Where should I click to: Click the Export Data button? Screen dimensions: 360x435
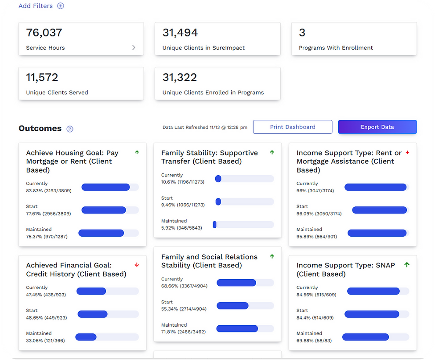tap(377, 127)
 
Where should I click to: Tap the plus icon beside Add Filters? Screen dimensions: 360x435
tap(61, 6)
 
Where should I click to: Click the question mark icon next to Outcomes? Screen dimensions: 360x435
tap(70, 129)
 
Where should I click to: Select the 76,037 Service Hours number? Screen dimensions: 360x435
tap(44, 32)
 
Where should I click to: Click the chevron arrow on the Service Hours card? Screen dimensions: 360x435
tap(134, 47)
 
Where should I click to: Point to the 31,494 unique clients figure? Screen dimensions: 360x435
tap(180, 32)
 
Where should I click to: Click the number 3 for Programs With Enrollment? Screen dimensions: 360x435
tap(302, 32)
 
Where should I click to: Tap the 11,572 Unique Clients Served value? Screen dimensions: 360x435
tap(42, 77)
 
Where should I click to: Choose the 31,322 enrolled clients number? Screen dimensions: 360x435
tap(180, 77)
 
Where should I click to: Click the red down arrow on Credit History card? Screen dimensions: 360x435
tap(137, 265)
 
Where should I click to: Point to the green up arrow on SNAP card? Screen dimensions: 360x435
tap(406, 265)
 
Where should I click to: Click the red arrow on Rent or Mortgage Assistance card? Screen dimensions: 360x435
tap(407, 152)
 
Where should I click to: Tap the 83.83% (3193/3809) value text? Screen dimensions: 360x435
tap(48, 191)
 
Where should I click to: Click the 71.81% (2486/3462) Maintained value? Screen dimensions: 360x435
tap(184, 332)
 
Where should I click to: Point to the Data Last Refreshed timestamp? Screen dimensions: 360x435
tap(205, 127)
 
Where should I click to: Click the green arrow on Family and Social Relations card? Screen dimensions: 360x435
tap(272, 256)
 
